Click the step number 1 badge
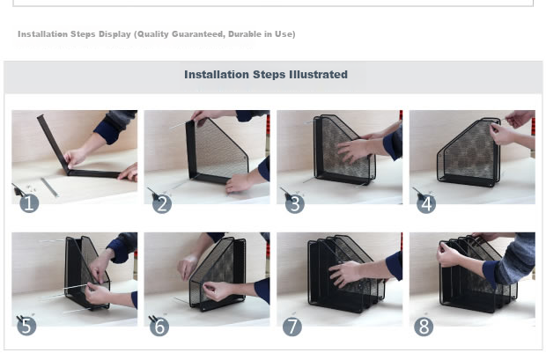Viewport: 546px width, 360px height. pyautogui.click(x=29, y=203)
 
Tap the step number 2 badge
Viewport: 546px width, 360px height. pyautogui.click(x=162, y=203)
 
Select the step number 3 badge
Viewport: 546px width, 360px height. pyautogui.click(x=295, y=203)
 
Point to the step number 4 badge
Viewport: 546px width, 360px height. pyautogui.click(x=426, y=203)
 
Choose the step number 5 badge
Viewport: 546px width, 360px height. pyautogui.click(x=26, y=327)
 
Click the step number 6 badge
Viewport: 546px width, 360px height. pyautogui.click(x=159, y=327)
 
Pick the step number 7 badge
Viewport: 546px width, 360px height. pyautogui.click(x=292, y=327)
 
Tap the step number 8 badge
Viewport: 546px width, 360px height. pyautogui.click(x=424, y=327)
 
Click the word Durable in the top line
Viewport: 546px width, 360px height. pyautogui.click(x=245, y=34)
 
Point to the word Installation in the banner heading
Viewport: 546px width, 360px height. pyautogui.click(x=217, y=75)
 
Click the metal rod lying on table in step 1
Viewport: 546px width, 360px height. pyautogui.click(x=49, y=187)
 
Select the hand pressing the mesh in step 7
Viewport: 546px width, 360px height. pyautogui.click(x=345, y=274)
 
